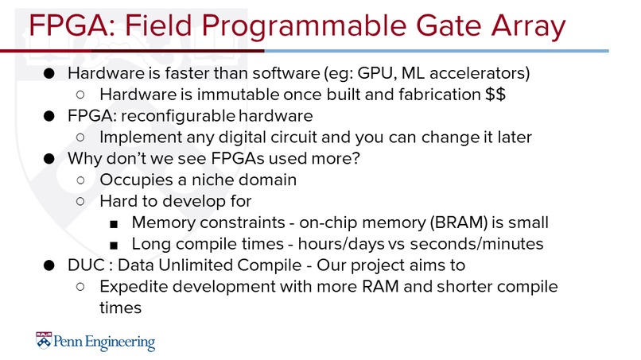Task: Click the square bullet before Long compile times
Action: pyautogui.click(x=115, y=243)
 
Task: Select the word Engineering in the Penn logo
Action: pyautogui.click(x=118, y=343)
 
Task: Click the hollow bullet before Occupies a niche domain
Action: pyautogui.click(x=81, y=180)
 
